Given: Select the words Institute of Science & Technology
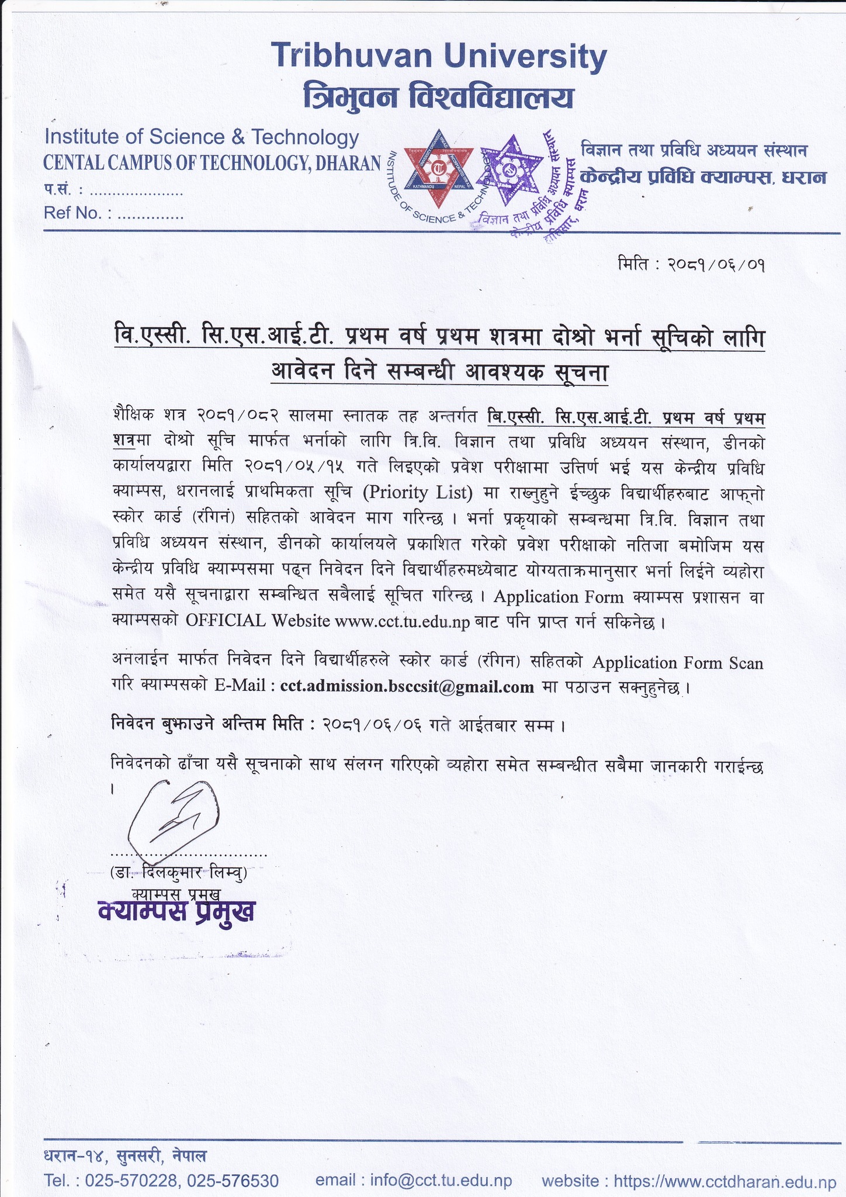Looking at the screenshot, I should tap(202, 137).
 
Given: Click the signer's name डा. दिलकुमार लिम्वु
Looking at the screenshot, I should tap(178, 873).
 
